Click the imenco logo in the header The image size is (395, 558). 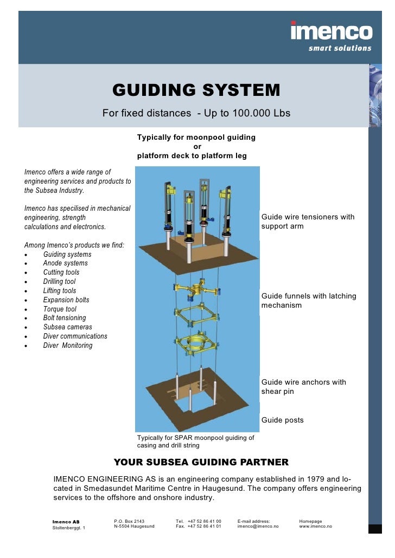[331, 31]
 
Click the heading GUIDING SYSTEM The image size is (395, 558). [196, 90]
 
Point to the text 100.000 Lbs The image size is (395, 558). [262, 113]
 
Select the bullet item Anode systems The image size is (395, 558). [65, 263]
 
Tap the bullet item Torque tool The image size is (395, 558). [60, 309]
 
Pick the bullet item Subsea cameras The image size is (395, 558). [67, 327]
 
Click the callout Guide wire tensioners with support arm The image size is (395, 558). [308, 222]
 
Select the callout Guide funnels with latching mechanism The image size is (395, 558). [309, 301]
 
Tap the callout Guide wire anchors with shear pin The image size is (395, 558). [303, 387]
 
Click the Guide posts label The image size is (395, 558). [282, 420]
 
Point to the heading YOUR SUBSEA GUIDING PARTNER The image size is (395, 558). [201, 462]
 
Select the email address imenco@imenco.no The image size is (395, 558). [258, 526]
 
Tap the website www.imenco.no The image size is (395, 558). [315, 526]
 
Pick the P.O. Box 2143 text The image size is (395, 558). [129, 521]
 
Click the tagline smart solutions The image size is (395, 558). [340, 48]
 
